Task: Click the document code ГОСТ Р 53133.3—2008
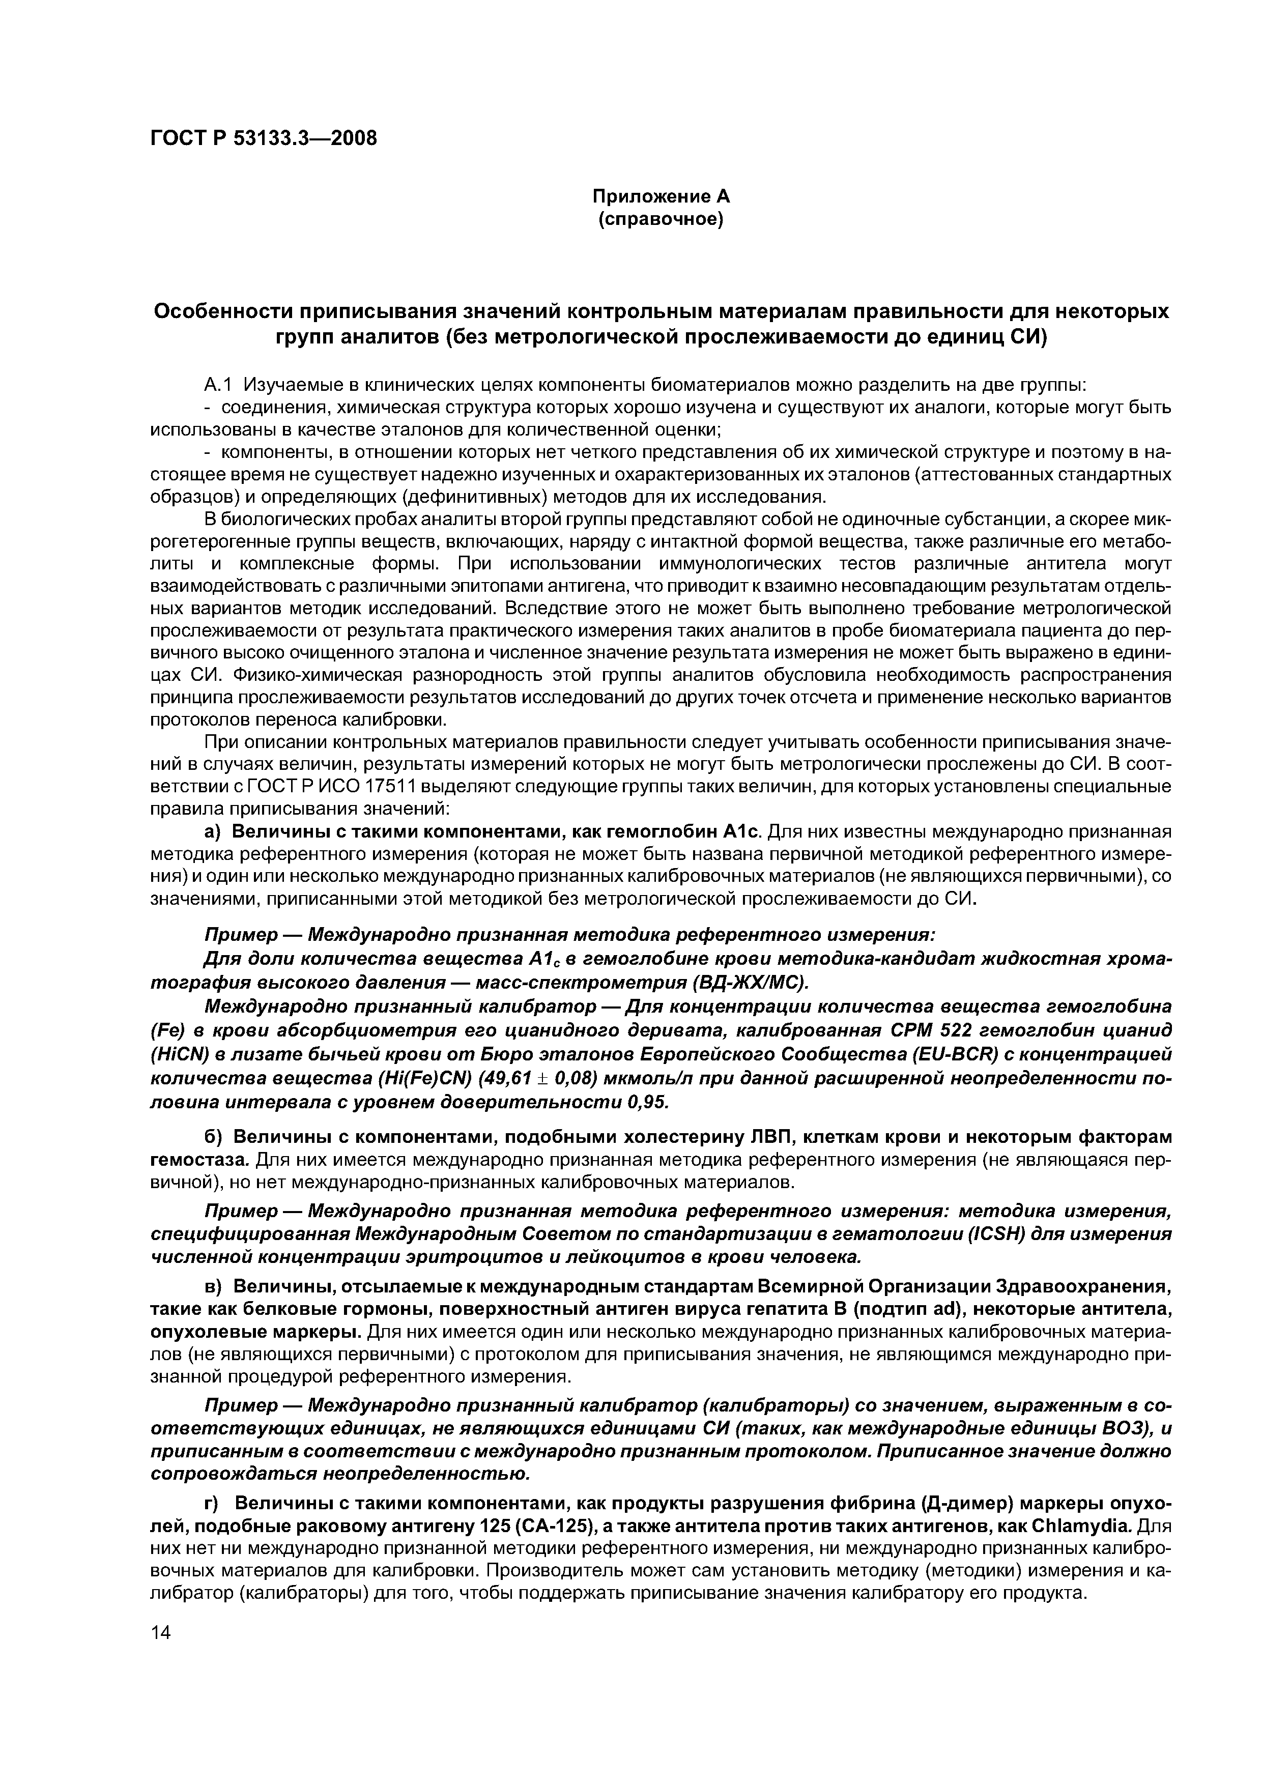tap(263, 138)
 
